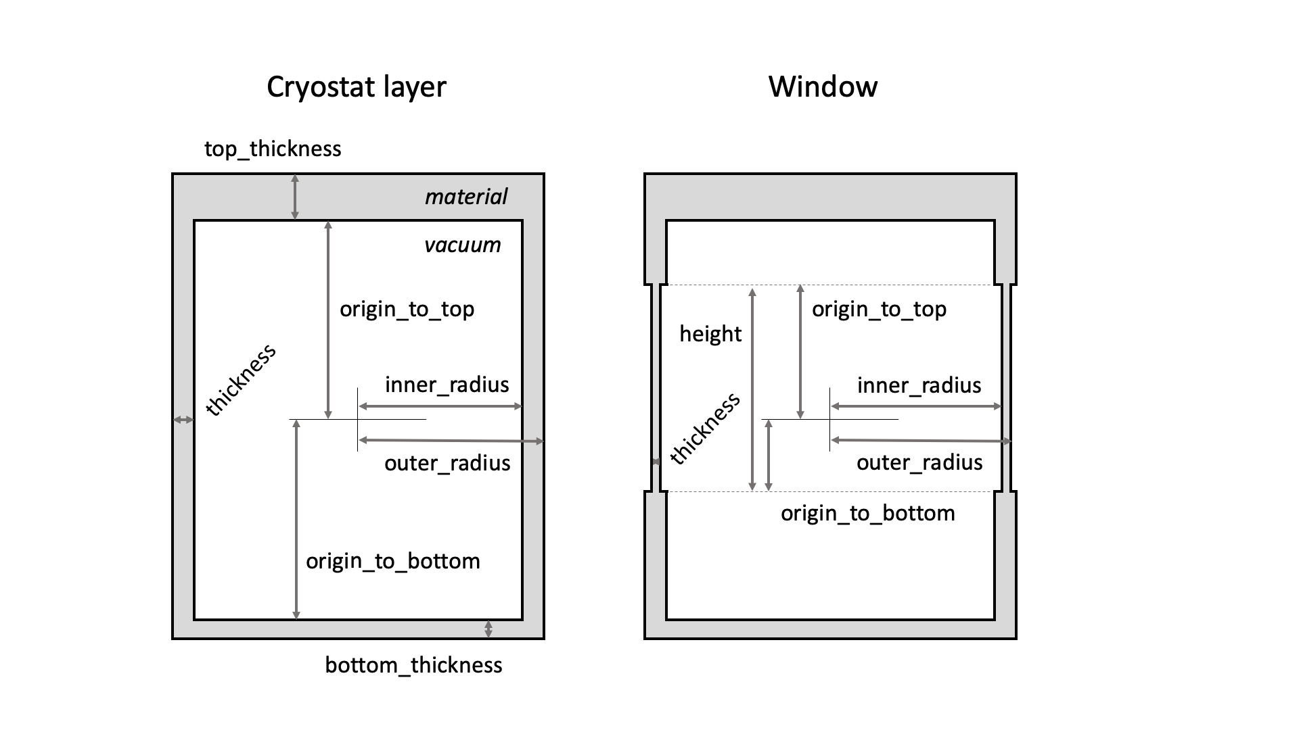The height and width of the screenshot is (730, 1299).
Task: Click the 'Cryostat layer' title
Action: click(x=357, y=87)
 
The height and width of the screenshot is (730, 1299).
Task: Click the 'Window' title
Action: click(x=823, y=87)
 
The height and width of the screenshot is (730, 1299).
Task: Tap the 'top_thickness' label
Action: click(x=273, y=149)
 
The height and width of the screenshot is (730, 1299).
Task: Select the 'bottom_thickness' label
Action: click(x=413, y=665)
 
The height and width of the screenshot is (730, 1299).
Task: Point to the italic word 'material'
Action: click(x=465, y=197)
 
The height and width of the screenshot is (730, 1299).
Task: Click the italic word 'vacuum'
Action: click(x=462, y=245)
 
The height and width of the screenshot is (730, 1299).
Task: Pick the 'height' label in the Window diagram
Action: click(x=710, y=334)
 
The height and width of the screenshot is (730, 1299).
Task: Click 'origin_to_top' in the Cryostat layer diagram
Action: click(x=407, y=310)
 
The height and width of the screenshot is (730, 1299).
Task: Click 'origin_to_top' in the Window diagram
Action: click(x=879, y=310)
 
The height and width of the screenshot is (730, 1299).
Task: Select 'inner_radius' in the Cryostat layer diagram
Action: click(x=447, y=385)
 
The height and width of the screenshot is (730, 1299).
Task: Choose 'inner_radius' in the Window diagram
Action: click(x=919, y=385)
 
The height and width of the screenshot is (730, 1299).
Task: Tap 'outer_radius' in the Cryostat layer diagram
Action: click(x=447, y=463)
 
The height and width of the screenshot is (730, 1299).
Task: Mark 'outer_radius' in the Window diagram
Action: click(x=919, y=462)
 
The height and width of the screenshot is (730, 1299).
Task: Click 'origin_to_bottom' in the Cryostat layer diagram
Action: click(x=392, y=561)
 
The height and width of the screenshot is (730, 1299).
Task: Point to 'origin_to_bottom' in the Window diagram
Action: click(x=867, y=513)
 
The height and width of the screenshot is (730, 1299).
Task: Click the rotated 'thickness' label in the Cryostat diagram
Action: click(x=241, y=379)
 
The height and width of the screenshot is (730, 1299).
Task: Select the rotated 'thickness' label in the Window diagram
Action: click(x=705, y=429)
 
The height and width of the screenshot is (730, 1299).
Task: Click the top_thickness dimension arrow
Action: click(x=295, y=197)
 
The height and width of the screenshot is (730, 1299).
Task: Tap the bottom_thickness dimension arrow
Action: click(x=488, y=629)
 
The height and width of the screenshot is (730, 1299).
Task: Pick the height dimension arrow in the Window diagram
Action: click(x=752, y=389)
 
